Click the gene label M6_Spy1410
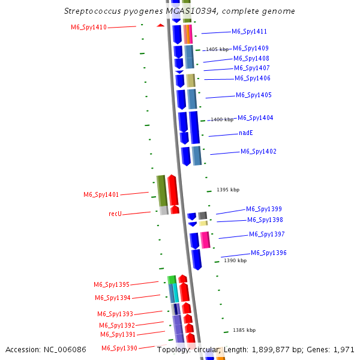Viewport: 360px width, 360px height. pos(89,27)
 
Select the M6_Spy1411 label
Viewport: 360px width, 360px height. pos(249,31)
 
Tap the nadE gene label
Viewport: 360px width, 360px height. pos(246,133)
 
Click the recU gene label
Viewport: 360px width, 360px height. pos(115,214)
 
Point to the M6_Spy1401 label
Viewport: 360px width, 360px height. pos(101,194)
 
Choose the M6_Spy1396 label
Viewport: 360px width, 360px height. pos(268,253)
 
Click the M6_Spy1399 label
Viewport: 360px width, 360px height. pos(263,209)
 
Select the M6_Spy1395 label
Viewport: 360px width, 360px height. pos(111,284)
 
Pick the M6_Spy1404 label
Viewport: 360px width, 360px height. pos(255,118)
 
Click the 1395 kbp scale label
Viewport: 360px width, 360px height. pos(227,190)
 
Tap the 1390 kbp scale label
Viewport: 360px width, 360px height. pos(235,260)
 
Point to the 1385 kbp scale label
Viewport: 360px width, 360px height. pos(244,330)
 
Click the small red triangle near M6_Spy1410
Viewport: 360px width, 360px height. pos(160,25)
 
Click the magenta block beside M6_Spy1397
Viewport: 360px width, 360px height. pos(205,239)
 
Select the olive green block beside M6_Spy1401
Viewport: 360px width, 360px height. pos(161,190)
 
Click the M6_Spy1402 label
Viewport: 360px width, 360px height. pos(258,151)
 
